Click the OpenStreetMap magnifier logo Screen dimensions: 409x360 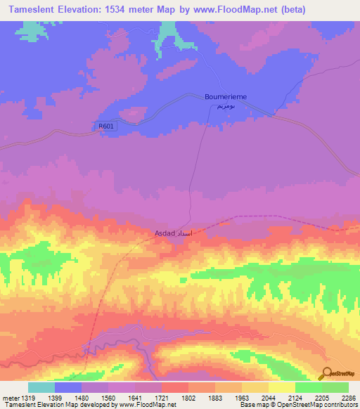point(326,374)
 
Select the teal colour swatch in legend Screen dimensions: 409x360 point(41,387)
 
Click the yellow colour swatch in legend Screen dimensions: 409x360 point(282,387)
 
